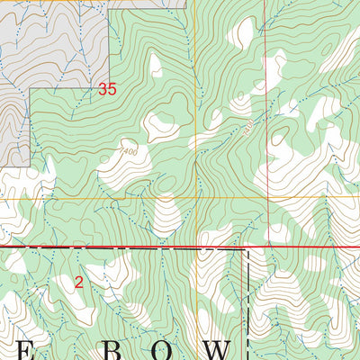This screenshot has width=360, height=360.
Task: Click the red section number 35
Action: click(x=107, y=89)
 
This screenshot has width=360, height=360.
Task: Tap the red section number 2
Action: click(x=79, y=283)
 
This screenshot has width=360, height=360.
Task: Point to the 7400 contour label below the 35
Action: click(x=125, y=152)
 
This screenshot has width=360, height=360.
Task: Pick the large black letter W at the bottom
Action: click(x=219, y=349)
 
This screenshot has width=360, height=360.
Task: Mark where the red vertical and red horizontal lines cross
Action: click(x=265, y=245)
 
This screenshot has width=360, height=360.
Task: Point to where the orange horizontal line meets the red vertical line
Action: click(x=265, y=197)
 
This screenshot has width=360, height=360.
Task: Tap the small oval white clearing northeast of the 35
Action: click(x=156, y=65)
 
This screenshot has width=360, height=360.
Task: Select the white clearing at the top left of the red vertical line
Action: click(x=240, y=31)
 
